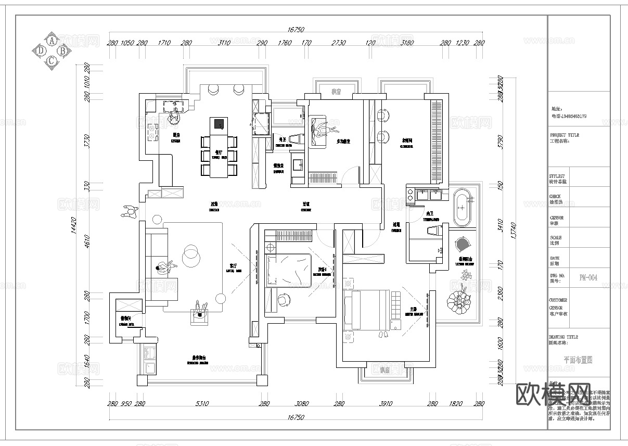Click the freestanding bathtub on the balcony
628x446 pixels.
tap(462, 207)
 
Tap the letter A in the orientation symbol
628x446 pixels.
tap(52, 40)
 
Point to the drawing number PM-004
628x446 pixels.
tap(587, 278)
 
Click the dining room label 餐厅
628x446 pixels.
tap(219, 152)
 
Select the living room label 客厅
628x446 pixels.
tap(233, 265)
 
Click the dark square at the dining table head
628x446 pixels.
tap(219, 124)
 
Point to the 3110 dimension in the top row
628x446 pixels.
tap(224, 43)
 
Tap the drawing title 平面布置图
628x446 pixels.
tap(578, 360)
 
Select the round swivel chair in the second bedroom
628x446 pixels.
tap(284, 300)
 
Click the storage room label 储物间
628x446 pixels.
tap(125, 317)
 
